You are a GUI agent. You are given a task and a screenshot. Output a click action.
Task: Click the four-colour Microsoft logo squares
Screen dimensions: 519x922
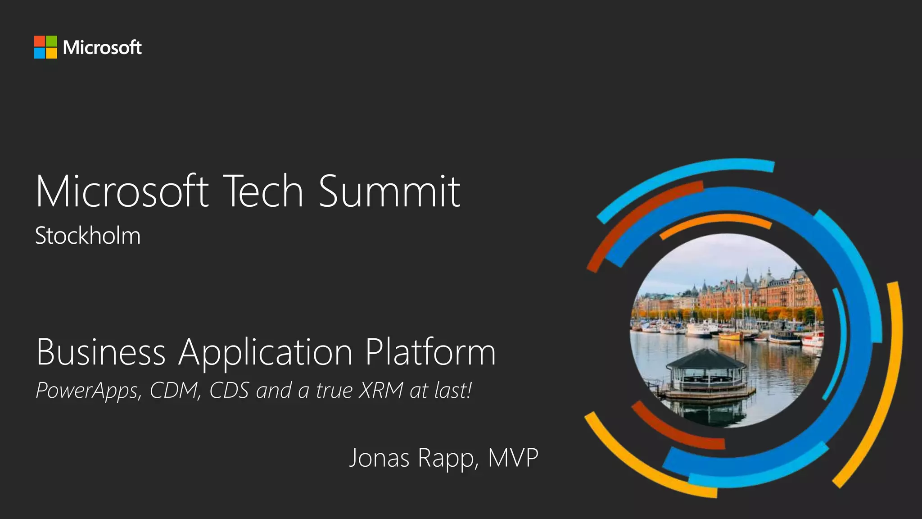click(x=45, y=47)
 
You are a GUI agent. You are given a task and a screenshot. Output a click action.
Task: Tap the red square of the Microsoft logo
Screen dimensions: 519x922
click(x=40, y=41)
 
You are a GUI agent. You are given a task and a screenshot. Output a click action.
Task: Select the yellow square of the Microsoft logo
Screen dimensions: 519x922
click(x=51, y=53)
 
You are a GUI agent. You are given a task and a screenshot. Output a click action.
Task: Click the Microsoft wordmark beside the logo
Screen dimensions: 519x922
click(x=102, y=47)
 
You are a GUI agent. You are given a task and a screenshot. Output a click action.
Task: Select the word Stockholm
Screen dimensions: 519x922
click(x=88, y=236)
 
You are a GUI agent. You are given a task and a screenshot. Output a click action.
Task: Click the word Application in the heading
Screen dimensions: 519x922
click(x=266, y=353)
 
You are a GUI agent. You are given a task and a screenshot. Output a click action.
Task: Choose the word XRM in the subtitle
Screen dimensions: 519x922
click(x=381, y=390)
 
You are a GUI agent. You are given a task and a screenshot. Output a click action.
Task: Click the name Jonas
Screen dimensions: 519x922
click(x=379, y=458)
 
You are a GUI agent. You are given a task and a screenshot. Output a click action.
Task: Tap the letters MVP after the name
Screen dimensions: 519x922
click(x=513, y=458)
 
